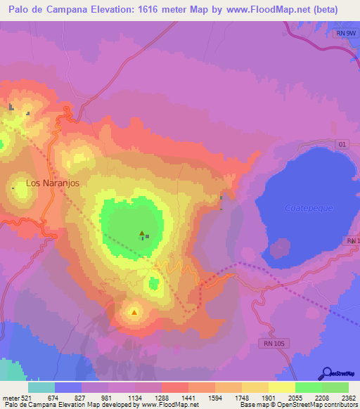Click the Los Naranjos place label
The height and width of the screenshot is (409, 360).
(51, 183)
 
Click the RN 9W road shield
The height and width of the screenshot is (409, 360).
(342, 33)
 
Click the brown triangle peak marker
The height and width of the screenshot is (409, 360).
(141, 233)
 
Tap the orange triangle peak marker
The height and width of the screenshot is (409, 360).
(134, 311)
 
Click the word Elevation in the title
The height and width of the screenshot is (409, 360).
(108, 10)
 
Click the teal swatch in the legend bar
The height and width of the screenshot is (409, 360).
(41, 387)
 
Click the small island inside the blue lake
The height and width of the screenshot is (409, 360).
(281, 248)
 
